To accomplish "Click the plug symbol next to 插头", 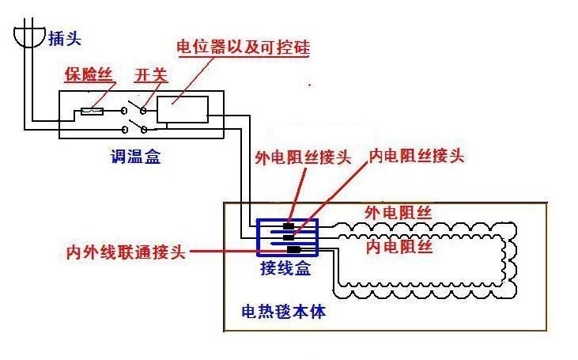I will (28, 36).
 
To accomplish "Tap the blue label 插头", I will (64, 37).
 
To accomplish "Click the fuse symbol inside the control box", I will (93, 112).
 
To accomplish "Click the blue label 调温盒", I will (136, 157).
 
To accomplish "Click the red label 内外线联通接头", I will (125, 252).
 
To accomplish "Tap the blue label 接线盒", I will (285, 269).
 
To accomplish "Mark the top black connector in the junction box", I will (289, 225).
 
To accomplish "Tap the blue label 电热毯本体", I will (283, 311).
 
